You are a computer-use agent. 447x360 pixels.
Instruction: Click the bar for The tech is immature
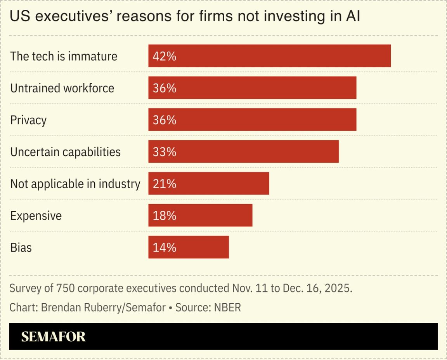[269, 56]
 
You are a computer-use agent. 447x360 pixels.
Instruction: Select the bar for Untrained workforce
[252, 88]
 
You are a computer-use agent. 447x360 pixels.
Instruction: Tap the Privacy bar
[252, 120]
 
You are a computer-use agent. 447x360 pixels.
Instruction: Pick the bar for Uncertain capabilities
[243, 151]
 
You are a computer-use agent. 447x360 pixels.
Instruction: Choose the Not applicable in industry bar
[209, 183]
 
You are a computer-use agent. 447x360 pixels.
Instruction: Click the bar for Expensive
[200, 215]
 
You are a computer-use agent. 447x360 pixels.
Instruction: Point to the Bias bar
[189, 247]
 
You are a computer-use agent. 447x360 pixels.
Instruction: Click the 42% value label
[165, 56]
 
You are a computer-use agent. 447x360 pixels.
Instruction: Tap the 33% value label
[165, 152]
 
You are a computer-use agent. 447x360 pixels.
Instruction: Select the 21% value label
[165, 184]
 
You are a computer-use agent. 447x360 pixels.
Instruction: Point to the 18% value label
[165, 216]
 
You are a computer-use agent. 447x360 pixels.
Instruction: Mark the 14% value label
[165, 247]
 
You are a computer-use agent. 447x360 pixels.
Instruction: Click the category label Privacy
[28, 120]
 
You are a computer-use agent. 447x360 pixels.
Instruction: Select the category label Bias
[21, 247]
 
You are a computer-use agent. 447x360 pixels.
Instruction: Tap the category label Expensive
[36, 216]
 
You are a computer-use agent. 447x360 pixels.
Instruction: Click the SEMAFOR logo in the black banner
[53, 336]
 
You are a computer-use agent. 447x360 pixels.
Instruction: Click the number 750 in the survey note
[65, 289]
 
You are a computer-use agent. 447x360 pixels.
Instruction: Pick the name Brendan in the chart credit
[59, 308]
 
